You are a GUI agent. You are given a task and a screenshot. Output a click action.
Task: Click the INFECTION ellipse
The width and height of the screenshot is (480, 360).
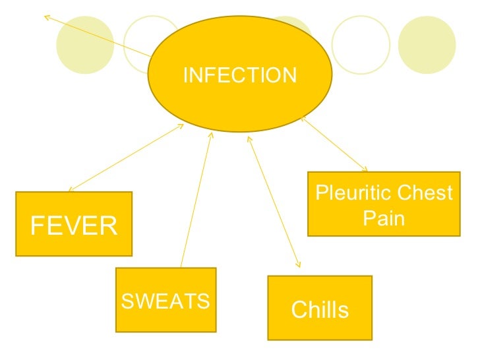(x=240, y=74)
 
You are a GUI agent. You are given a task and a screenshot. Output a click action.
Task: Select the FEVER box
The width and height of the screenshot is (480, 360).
(x=74, y=224)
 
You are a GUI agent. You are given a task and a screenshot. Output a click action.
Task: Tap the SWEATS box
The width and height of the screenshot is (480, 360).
(x=165, y=300)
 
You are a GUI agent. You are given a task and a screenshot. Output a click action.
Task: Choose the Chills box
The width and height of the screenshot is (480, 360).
(x=320, y=308)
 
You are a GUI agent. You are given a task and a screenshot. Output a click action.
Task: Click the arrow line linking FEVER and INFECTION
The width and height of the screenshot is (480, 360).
(x=125, y=158)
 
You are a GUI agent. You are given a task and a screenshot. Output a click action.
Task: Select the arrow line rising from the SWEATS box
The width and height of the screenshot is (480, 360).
(x=196, y=198)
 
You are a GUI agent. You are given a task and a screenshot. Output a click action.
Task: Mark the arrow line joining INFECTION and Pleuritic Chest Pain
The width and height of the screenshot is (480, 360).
(x=334, y=144)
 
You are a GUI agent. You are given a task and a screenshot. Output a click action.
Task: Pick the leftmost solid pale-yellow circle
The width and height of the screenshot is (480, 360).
(x=81, y=45)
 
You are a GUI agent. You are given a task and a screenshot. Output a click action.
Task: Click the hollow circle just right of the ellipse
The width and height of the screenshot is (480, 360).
(x=361, y=45)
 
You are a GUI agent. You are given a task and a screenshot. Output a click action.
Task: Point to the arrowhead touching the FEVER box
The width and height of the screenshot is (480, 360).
(x=71, y=189)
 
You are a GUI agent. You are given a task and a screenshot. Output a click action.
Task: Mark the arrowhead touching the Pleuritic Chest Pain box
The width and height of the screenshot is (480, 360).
(x=365, y=169)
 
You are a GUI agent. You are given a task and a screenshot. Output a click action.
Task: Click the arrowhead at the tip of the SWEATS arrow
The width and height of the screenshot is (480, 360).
(x=210, y=135)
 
